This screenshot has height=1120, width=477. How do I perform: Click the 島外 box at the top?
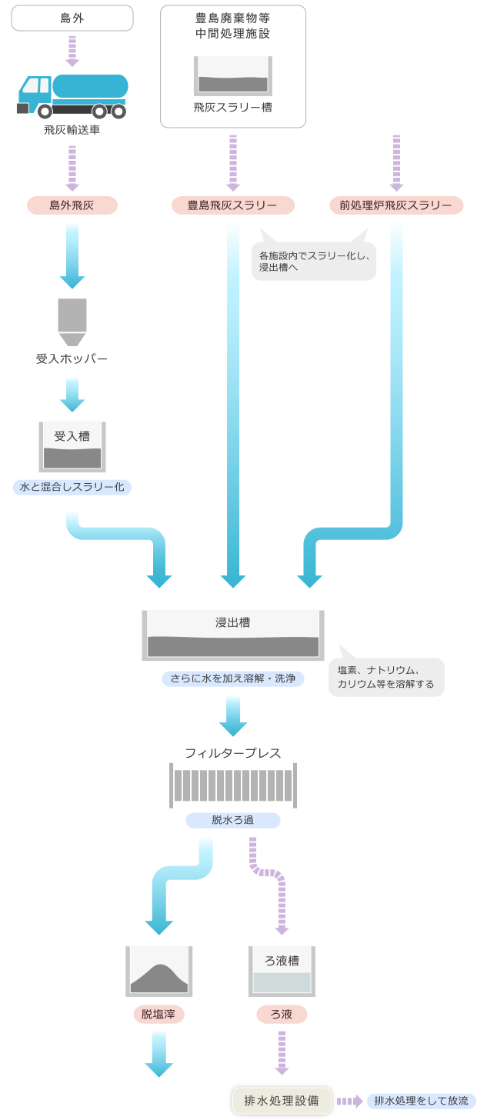[x=72, y=18]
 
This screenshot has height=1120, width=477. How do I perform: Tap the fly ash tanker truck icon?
[x=72, y=96]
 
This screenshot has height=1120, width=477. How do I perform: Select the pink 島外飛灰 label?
[x=72, y=205]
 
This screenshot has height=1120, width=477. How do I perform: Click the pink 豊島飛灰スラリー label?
[x=232, y=205]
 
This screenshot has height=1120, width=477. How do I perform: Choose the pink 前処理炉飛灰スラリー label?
[x=396, y=205]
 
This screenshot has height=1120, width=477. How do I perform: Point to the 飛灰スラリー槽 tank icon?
[x=232, y=75]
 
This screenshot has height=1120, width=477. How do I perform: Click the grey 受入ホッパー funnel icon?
[x=72, y=322]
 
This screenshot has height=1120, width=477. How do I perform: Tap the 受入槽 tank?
[x=72, y=447]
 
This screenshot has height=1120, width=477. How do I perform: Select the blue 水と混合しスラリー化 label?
[x=72, y=487]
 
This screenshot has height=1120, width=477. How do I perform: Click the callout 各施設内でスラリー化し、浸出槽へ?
[x=314, y=261]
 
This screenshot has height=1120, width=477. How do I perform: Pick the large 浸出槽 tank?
[x=232, y=635]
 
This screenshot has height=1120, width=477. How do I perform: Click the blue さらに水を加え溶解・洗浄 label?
[x=232, y=678]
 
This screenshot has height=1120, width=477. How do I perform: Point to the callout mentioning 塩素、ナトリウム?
[x=386, y=677]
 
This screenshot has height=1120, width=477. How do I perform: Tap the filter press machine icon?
[x=232, y=785]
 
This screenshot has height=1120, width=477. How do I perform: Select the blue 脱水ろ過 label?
[x=232, y=820]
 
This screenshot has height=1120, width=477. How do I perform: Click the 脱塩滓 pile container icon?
[x=158, y=971]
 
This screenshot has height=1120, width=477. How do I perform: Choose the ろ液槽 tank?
[x=282, y=971]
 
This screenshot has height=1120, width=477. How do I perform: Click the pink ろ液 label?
[x=282, y=1015]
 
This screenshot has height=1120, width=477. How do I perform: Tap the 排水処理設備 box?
[x=282, y=1101]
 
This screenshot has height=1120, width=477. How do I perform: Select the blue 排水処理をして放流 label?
[x=421, y=1101]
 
